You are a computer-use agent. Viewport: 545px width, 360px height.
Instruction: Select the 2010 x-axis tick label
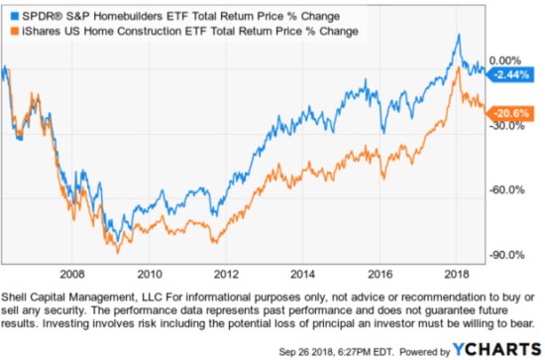149,272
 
